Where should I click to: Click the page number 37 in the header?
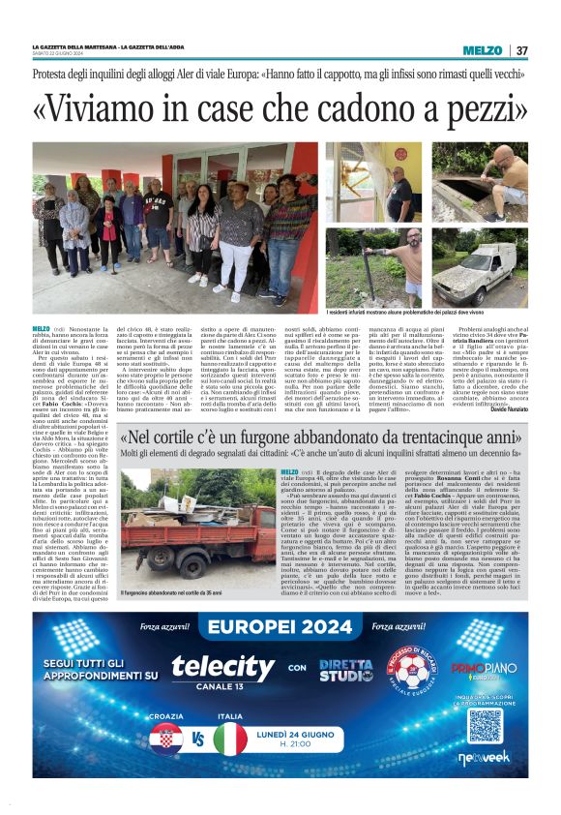pos(522,50)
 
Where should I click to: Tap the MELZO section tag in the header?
pos(483,50)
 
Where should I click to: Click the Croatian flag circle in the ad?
pos(166,740)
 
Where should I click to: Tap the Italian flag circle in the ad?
pos(230,740)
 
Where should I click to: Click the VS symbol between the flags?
pos(198,740)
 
